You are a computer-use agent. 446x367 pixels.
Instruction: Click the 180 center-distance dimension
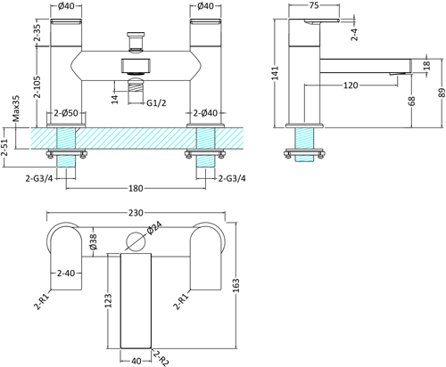[x=136, y=188]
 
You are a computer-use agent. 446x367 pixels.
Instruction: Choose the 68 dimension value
[x=409, y=102]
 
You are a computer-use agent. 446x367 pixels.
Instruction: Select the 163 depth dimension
[x=236, y=282]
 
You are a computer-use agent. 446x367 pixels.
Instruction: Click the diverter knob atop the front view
[x=136, y=40]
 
